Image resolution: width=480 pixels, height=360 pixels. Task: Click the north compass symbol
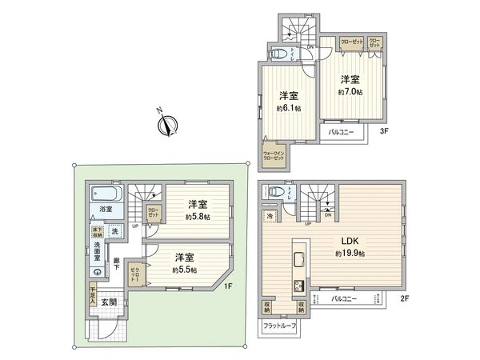(x=167, y=123)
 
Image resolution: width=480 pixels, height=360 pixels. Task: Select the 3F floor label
(x=384, y=130)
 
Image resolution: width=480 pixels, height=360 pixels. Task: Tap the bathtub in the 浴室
(x=105, y=194)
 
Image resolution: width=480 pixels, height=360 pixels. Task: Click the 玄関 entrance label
(x=109, y=302)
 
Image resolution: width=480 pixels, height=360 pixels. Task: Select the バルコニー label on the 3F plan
(x=342, y=131)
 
